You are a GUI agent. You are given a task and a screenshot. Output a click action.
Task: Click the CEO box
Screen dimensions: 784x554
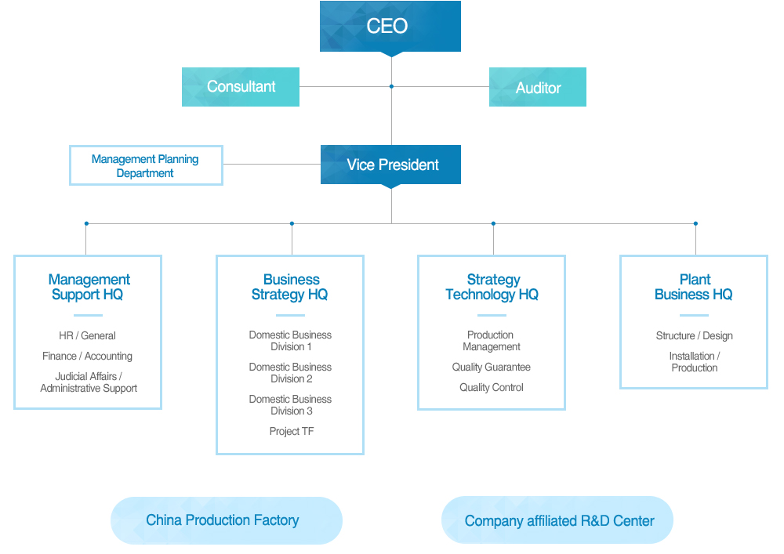click(x=390, y=26)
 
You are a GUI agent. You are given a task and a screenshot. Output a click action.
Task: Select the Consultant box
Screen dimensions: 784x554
click(x=241, y=87)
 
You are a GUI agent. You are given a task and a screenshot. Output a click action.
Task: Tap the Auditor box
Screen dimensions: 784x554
click(x=538, y=87)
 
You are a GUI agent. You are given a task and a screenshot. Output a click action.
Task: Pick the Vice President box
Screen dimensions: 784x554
click(x=390, y=165)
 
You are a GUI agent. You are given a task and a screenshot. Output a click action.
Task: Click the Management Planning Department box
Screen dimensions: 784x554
click(x=146, y=165)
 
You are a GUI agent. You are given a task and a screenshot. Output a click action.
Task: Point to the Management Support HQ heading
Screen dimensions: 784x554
click(x=89, y=287)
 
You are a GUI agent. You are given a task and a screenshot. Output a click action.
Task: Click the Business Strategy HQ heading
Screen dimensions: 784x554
click(x=290, y=287)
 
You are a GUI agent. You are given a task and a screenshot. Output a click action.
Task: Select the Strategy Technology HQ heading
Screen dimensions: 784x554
click(x=492, y=287)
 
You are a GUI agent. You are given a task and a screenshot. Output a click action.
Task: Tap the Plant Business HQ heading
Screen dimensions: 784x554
click(x=694, y=287)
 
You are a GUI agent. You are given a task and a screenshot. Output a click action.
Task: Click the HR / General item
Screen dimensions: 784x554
click(x=88, y=335)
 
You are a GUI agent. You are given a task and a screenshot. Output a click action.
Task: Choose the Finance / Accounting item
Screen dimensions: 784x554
click(x=88, y=357)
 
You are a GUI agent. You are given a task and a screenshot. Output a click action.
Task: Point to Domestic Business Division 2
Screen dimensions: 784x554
click(x=291, y=373)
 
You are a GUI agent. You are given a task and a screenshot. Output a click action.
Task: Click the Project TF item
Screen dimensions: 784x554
click(x=292, y=431)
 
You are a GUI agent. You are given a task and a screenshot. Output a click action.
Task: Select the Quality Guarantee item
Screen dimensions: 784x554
click(x=492, y=368)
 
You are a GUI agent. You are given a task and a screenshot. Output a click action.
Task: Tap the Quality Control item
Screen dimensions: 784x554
click(x=492, y=388)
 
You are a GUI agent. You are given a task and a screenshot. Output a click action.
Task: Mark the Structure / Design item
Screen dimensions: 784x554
click(x=695, y=335)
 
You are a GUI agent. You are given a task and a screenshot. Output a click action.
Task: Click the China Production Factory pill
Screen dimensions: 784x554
click(x=227, y=520)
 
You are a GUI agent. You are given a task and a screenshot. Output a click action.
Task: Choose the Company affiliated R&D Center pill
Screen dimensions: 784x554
click(x=557, y=520)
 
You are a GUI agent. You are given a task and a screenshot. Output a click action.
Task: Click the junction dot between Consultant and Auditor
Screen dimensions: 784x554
click(x=391, y=86)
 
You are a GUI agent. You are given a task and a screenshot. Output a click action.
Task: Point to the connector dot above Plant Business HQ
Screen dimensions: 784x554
click(x=695, y=223)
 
